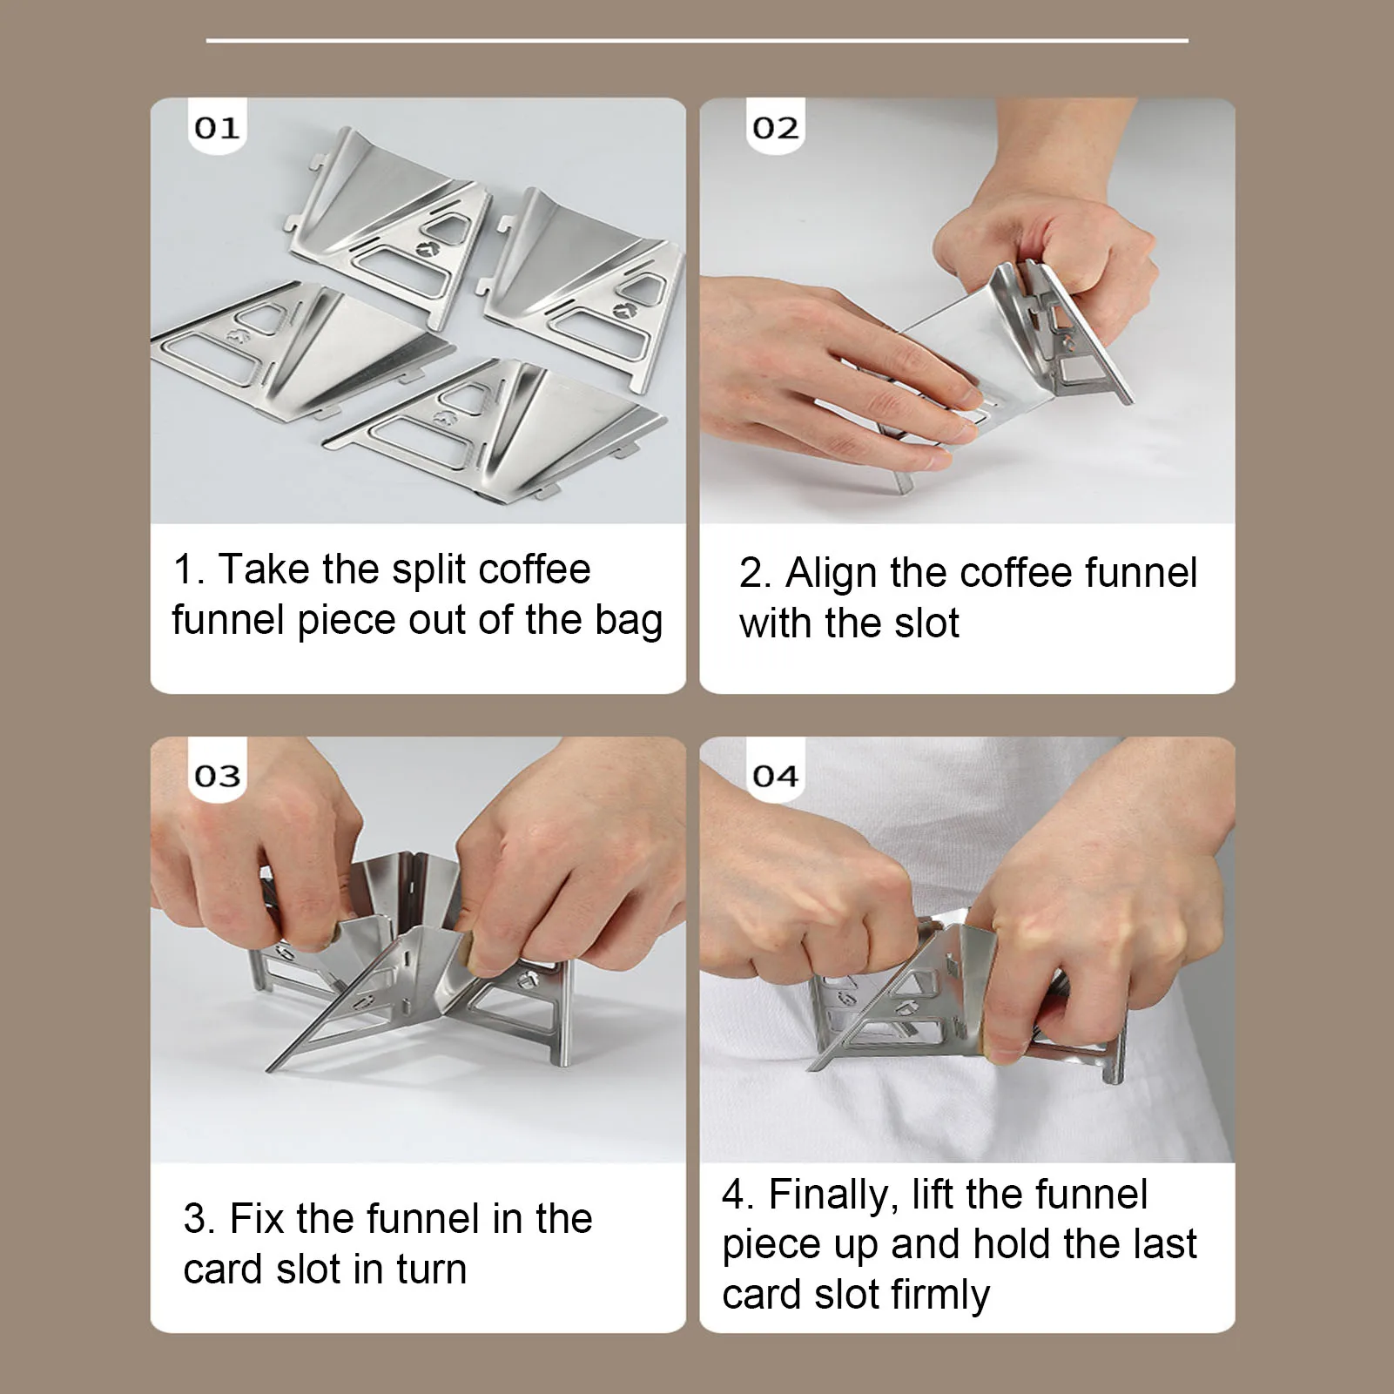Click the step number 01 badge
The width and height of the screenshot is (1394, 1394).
tap(217, 127)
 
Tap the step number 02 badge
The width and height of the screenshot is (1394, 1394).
tap(775, 127)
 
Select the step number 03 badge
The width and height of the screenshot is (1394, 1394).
tap(217, 774)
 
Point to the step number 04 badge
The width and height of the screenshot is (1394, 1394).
tap(775, 774)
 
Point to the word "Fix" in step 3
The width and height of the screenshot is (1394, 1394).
tap(257, 1218)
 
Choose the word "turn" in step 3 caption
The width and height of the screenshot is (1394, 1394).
tap(431, 1269)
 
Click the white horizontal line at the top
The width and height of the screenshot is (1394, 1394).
tap(697, 40)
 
